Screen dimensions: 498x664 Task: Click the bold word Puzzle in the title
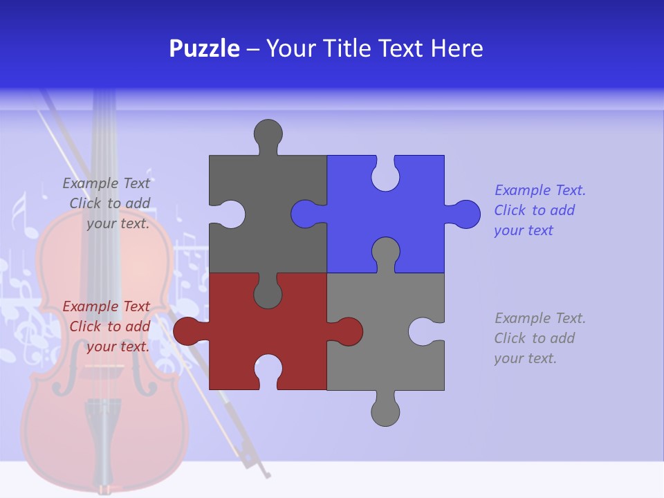click(x=204, y=49)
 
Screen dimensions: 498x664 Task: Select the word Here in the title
click(x=456, y=49)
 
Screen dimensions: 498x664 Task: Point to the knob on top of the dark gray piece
click(x=268, y=133)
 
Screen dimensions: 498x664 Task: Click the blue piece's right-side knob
click(x=465, y=214)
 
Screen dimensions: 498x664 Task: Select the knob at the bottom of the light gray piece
click(x=385, y=412)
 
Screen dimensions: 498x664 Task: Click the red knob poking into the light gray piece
click(x=347, y=331)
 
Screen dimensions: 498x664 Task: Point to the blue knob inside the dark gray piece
click(x=306, y=214)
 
